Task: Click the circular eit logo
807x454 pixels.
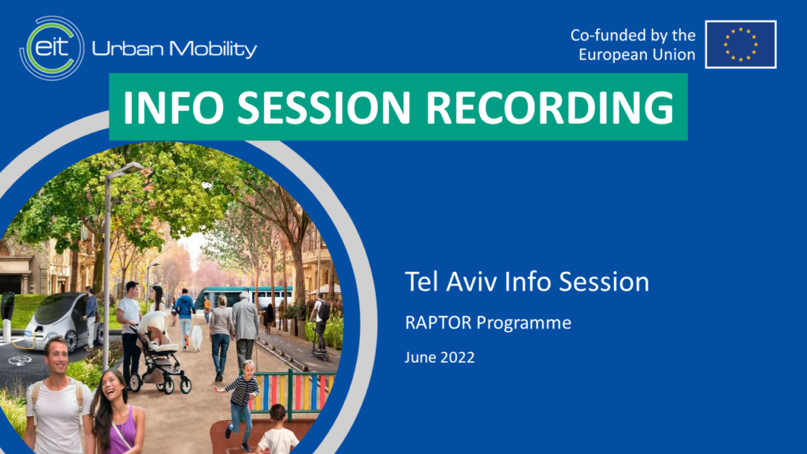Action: (52, 48)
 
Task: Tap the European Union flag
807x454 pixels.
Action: (741, 44)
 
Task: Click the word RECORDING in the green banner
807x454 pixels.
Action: (549, 107)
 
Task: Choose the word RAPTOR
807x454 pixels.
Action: (438, 322)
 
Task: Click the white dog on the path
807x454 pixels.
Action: (196, 338)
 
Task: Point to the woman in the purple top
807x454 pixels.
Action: (116, 412)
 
